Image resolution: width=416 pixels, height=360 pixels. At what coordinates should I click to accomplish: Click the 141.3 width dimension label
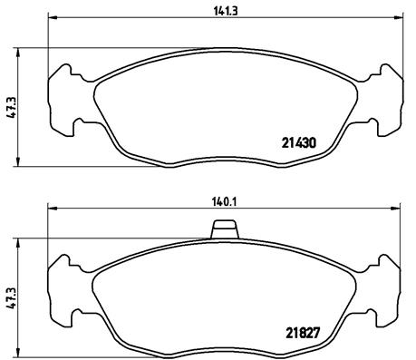point(226,11)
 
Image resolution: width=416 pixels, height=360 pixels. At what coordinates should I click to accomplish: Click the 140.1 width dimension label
point(224,202)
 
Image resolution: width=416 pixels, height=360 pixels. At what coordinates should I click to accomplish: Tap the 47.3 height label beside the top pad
point(14,107)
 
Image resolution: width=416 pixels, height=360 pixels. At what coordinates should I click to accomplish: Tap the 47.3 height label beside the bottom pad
point(12,298)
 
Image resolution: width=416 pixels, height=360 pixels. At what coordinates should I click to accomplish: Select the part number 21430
point(299,143)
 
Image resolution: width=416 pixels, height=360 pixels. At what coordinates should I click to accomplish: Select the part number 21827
point(303,333)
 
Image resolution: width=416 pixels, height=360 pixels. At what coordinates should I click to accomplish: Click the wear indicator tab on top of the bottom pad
point(225,229)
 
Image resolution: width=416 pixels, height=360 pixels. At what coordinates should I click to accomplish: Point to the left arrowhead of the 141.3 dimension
point(53,17)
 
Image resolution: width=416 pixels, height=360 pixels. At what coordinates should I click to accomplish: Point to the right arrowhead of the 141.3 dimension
point(399,17)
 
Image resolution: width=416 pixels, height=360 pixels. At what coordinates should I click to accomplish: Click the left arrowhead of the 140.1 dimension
point(53,208)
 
